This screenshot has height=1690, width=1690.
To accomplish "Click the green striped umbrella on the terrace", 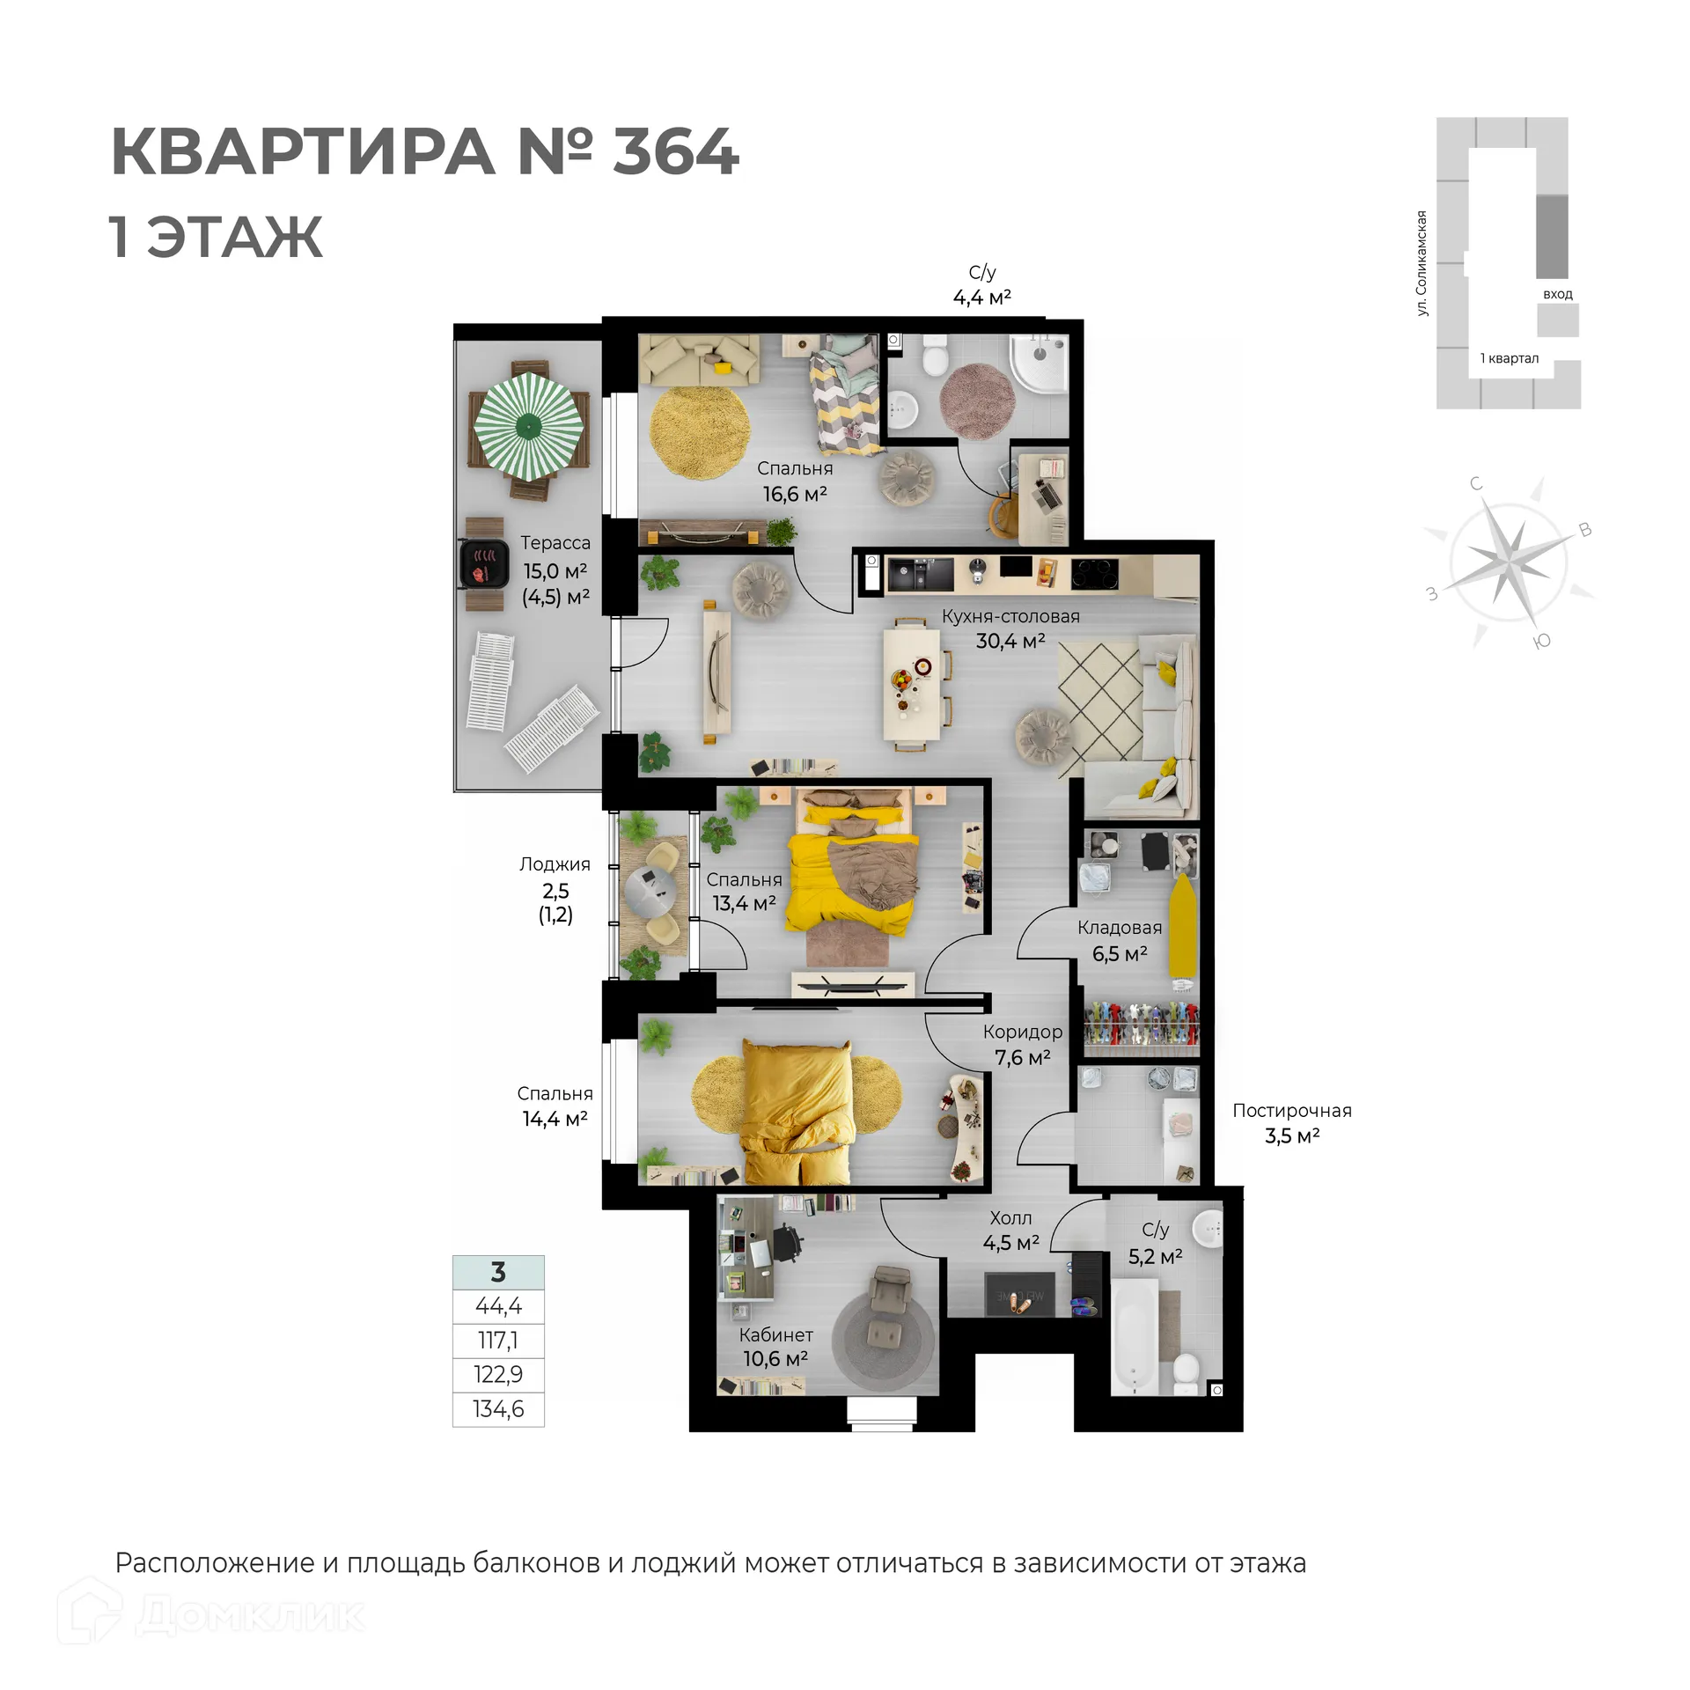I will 528,425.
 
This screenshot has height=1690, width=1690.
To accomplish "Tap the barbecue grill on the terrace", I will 484,563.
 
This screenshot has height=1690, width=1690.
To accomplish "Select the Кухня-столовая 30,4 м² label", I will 1010,628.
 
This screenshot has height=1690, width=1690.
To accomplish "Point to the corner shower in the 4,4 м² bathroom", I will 1041,363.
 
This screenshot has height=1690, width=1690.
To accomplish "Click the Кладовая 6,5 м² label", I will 1120,940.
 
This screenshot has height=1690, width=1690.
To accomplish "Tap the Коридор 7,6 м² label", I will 1023,1044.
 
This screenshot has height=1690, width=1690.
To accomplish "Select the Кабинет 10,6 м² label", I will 775,1347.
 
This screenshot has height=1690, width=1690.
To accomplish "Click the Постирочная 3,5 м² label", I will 1291,1123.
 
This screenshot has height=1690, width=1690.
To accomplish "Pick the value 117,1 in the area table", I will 498,1341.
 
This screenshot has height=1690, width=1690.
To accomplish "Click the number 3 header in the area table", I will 498,1272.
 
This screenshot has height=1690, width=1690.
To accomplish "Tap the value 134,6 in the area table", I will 498,1409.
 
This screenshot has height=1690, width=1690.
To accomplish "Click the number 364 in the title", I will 675,151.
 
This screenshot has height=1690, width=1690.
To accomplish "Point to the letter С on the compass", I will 1476,483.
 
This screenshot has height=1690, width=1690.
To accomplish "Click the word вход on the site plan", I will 1557,294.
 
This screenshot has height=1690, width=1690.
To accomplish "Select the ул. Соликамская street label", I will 1422,263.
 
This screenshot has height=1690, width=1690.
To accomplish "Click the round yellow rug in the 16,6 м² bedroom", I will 700,433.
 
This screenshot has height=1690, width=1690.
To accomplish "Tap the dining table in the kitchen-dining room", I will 915,684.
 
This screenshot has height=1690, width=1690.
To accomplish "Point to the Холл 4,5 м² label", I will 1010,1230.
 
